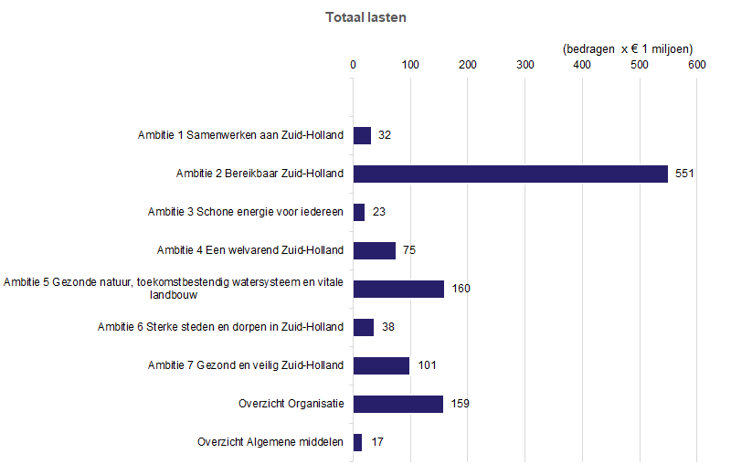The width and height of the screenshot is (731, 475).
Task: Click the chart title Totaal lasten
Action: point(366,17)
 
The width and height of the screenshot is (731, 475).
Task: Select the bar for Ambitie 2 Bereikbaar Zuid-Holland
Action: point(510,174)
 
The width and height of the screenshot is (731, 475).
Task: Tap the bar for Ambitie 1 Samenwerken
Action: point(362,135)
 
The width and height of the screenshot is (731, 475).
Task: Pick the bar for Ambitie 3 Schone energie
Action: point(359,212)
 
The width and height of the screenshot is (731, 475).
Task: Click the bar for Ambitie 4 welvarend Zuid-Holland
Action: point(375,250)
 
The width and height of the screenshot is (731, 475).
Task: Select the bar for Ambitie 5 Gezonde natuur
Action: point(398,289)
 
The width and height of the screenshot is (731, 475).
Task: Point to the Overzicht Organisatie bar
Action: point(398,404)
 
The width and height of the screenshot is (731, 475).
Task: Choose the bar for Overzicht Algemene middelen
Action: point(357,442)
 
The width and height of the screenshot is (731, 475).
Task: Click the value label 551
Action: point(685,174)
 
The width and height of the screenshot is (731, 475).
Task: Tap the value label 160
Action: point(461,289)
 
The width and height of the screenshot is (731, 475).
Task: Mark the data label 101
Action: point(427,365)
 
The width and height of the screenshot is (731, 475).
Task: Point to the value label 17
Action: point(377,442)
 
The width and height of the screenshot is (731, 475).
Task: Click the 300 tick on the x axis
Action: point(524,65)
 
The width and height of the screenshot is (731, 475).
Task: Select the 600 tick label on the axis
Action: point(696,65)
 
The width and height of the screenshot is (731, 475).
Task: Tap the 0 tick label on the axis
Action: point(354,65)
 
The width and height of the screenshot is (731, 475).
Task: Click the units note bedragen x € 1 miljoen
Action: point(628,48)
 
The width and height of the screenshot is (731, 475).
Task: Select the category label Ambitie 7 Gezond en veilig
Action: point(246,365)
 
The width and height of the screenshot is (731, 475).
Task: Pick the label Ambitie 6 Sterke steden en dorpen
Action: point(221,327)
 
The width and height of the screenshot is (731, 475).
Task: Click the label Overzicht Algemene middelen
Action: point(270,442)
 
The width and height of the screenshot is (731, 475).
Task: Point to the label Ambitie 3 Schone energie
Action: point(246,212)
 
